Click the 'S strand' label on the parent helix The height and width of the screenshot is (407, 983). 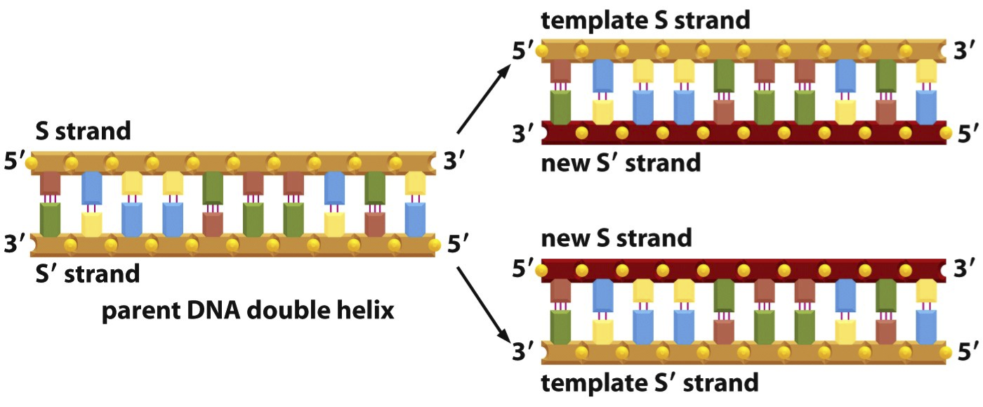coord(84,131)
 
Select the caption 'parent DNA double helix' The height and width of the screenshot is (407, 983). coord(248,310)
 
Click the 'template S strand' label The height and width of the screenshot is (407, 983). coord(646,20)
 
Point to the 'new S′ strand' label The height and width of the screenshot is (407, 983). coord(621,163)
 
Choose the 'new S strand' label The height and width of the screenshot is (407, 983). coord(616,238)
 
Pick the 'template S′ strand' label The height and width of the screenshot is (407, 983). coord(649,383)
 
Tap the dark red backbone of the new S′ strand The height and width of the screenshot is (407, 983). coord(744,132)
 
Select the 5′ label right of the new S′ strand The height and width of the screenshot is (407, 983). coord(968,133)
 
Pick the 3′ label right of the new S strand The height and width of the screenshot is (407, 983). coord(968,268)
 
